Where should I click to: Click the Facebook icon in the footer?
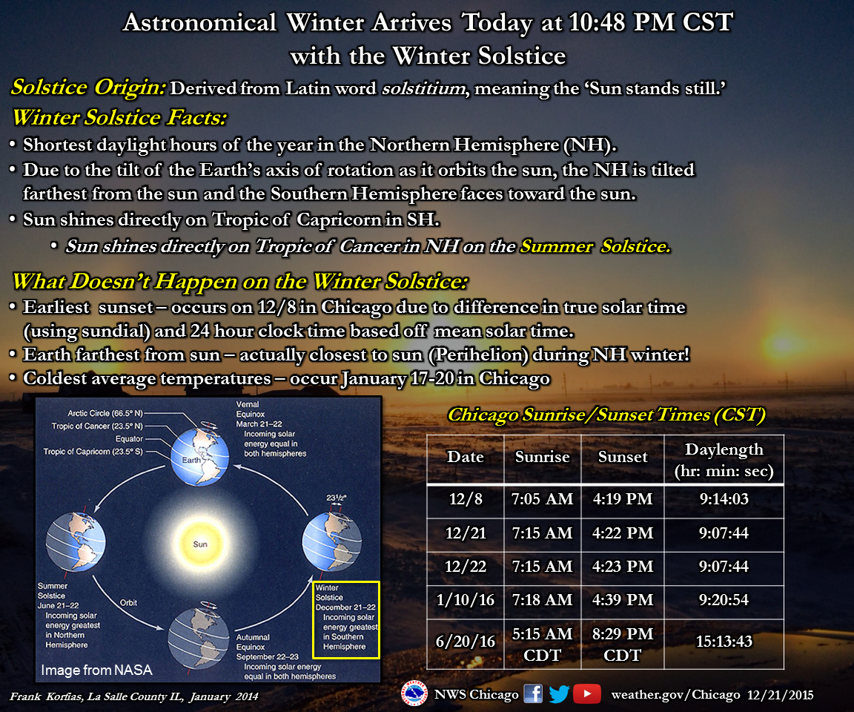[533, 694]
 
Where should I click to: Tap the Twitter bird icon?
[559, 694]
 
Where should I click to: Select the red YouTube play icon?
[586, 694]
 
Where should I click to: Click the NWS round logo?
[414, 694]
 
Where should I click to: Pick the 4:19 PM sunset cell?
[623, 499]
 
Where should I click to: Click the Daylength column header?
[724, 460]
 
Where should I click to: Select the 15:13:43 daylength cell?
[724, 642]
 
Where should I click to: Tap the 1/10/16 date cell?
[465, 600]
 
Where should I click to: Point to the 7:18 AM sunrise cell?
[542, 600]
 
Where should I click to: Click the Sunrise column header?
[543, 457]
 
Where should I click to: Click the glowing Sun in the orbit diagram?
[200, 544]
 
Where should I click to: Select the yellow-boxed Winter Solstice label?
[346, 620]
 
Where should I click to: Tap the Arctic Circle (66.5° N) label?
[105, 413]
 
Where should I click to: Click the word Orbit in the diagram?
[128, 602]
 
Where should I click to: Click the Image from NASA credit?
[96, 670]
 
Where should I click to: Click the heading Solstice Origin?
[88, 88]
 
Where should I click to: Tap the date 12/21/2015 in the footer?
[780, 695]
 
